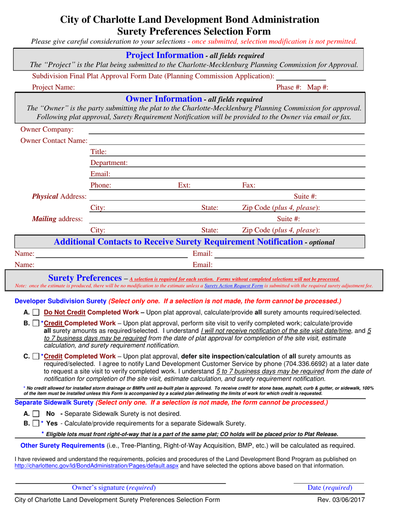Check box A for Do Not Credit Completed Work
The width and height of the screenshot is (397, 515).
point(35,313)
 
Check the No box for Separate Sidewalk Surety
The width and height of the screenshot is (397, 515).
point(35,414)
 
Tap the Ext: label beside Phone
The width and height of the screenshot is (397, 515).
point(184,185)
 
